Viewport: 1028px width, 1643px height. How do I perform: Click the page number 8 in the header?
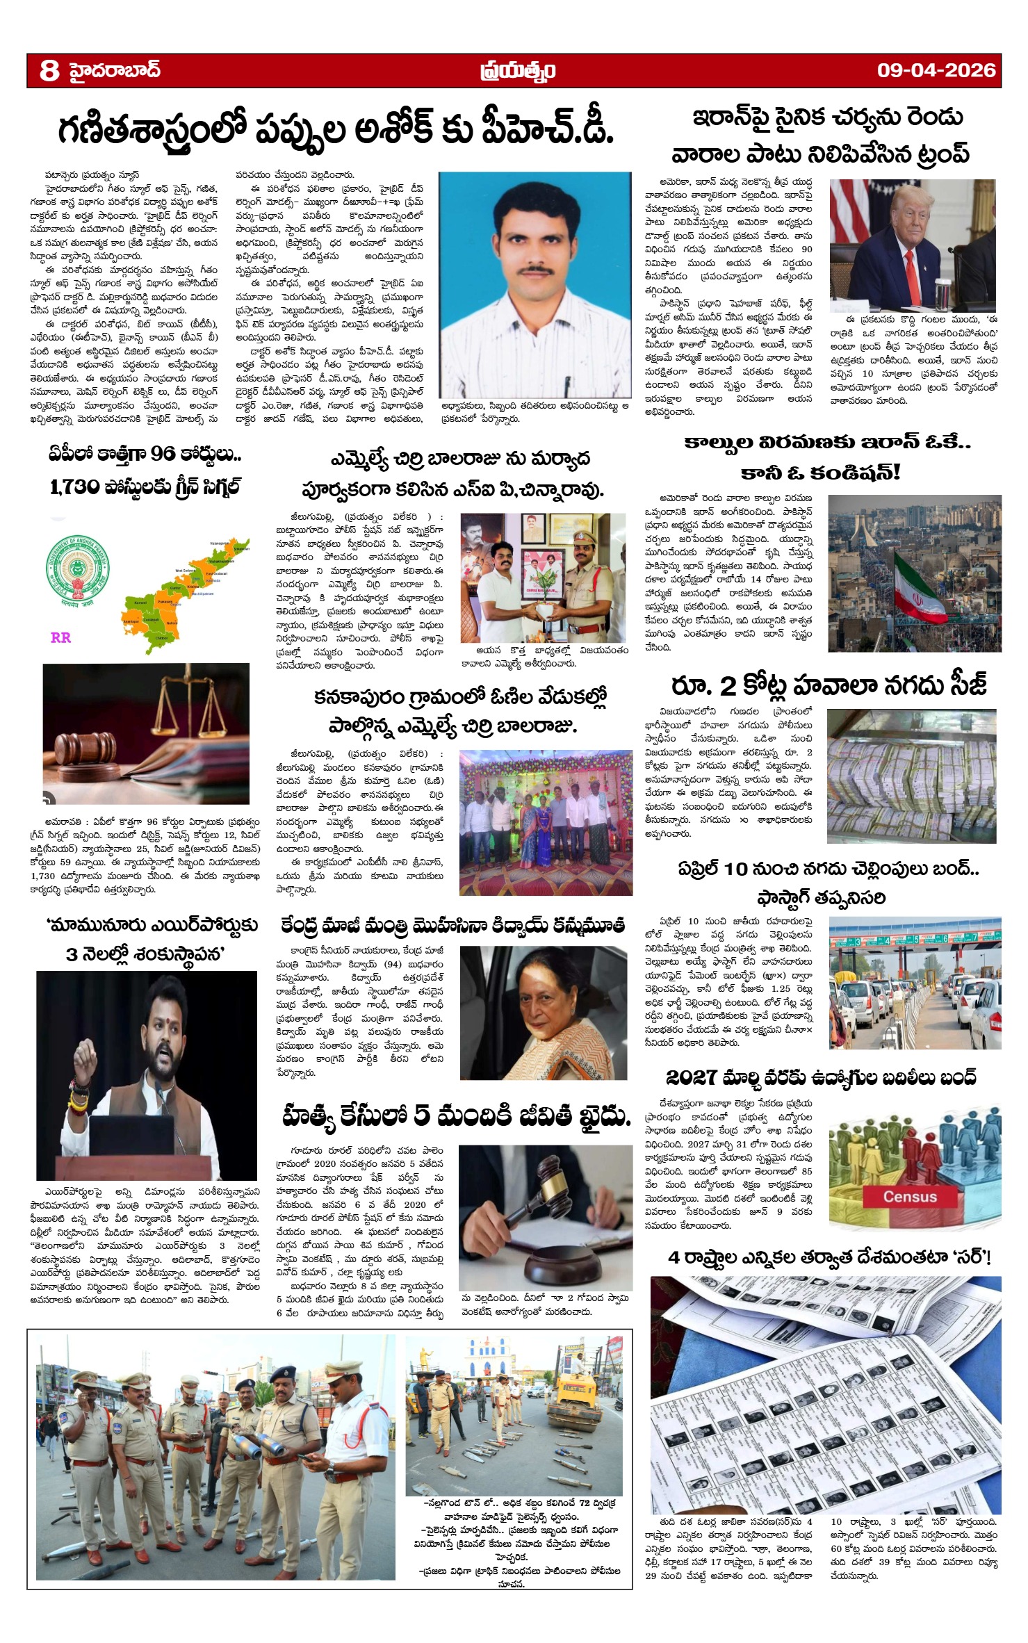(x=49, y=70)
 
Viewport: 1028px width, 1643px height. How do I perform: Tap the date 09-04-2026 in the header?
(x=936, y=70)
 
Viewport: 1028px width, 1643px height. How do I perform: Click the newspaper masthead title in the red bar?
(x=517, y=70)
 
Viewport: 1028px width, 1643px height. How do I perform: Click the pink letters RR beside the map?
(x=60, y=637)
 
